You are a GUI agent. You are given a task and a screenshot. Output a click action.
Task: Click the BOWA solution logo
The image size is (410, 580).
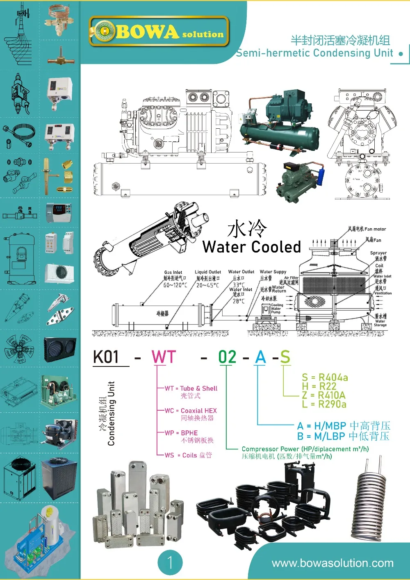(x=159, y=32)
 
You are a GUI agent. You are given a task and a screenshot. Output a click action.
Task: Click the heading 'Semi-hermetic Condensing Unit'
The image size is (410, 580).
(x=314, y=53)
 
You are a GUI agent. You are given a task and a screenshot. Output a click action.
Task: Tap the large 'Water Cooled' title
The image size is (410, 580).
(x=252, y=247)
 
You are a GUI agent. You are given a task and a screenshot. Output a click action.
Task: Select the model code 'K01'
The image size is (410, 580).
(x=106, y=357)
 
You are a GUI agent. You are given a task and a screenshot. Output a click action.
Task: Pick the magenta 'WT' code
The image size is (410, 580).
(x=164, y=357)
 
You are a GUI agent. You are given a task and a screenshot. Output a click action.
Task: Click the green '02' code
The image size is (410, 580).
(x=227, y=357)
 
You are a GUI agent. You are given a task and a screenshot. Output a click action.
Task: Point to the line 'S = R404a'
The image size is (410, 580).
(x=325, y=378)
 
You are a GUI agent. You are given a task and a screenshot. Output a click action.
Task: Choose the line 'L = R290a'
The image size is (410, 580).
(x=324, y=405)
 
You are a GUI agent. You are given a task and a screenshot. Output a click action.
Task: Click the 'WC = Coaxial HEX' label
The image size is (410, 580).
(x=191, y=411)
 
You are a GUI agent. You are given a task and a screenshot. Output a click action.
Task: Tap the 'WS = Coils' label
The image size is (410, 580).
(x=188, y=455)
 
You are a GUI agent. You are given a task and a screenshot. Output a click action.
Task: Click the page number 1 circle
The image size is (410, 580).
(x=170, y=562)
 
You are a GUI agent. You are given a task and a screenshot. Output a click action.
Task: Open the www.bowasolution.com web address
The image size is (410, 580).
(x=333, y=563)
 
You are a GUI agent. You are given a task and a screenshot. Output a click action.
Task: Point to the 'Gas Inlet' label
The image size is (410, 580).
(x=173, y=272)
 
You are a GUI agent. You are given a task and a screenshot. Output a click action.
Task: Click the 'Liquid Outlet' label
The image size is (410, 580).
(x=207, y=272)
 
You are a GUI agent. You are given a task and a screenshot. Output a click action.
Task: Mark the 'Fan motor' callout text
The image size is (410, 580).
(x=375, y=229)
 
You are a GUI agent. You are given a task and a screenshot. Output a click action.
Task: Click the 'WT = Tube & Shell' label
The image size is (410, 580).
(x=191, y=389)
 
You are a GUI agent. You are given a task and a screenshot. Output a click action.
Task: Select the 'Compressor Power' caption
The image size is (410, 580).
(x=305, y=449)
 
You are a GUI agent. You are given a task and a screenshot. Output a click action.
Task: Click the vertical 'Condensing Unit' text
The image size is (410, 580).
(x=111, y=413)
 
